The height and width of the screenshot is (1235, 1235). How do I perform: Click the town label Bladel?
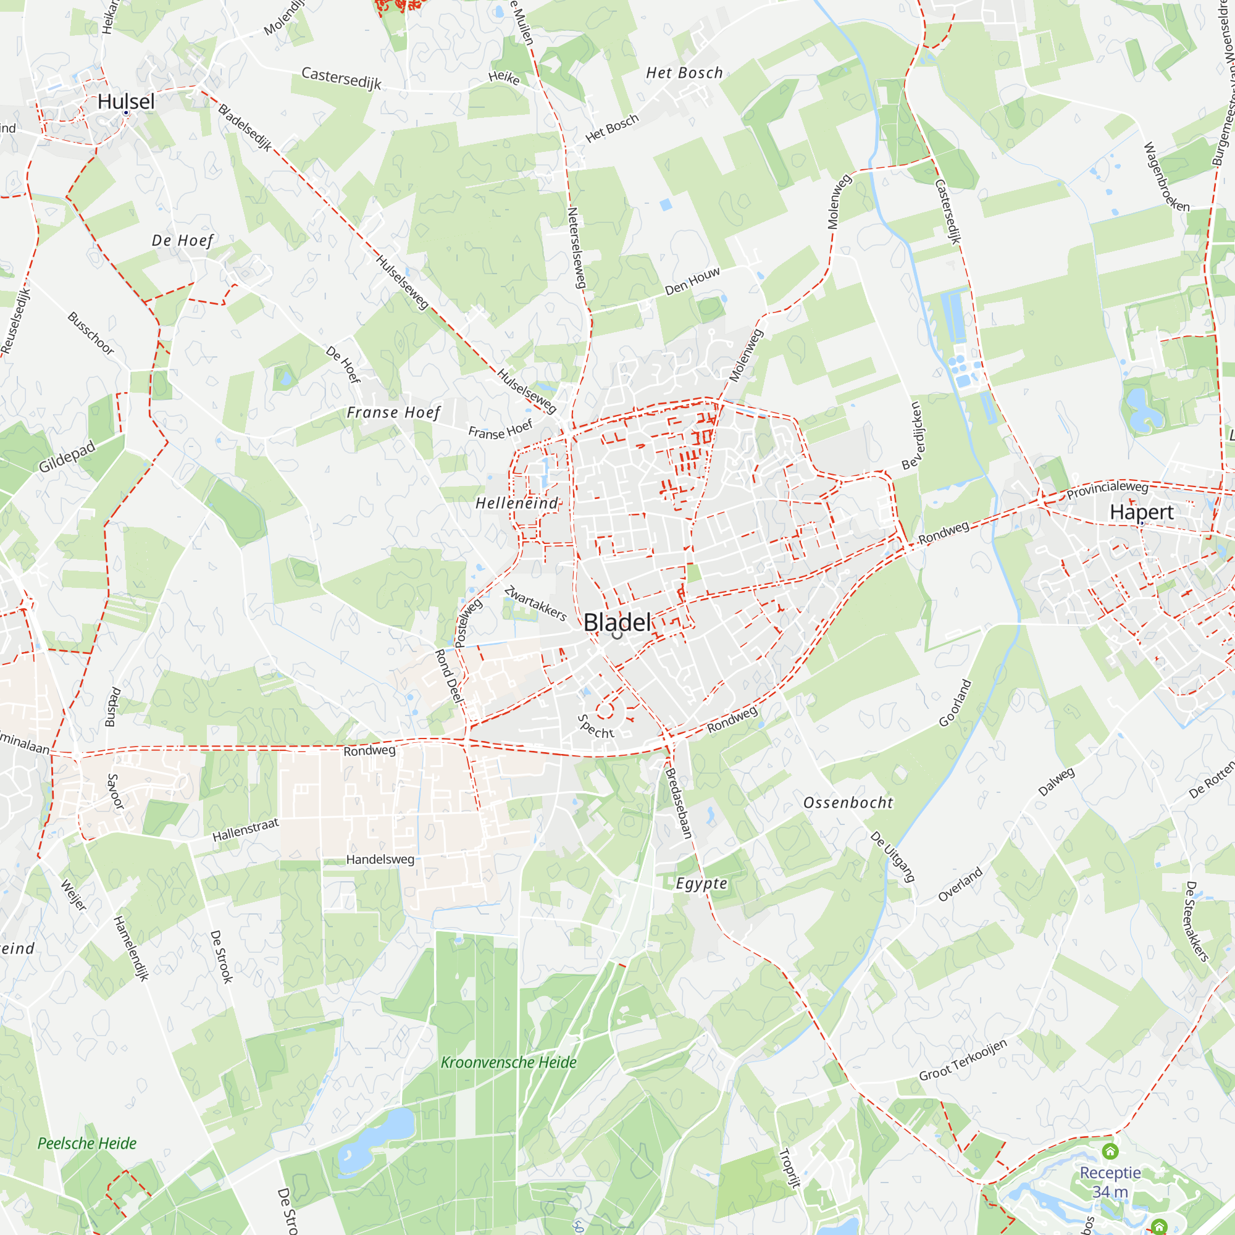pos(617,622)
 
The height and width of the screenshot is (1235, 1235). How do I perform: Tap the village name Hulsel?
pos(126,101)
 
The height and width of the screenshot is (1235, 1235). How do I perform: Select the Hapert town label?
pos(1142,512)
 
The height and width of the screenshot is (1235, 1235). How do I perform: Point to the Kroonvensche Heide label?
pos(508,1062)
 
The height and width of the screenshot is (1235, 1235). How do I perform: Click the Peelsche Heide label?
pos(87,1143)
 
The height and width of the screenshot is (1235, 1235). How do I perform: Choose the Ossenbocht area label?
pos(848,803)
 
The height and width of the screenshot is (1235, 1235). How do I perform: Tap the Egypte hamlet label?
pos(701,884)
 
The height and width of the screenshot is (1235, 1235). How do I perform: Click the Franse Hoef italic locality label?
pos(393,413)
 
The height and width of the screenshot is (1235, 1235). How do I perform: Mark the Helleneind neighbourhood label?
pos(516,504)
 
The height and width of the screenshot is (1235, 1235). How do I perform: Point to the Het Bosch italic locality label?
pos(684,73)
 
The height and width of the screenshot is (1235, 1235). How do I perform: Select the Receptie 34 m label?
pos(1110,1182)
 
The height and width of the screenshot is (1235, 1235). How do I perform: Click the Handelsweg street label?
pos(380,860)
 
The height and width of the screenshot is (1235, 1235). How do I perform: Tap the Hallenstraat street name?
pos(246,830)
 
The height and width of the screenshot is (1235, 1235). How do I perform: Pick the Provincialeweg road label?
pos(1107,489)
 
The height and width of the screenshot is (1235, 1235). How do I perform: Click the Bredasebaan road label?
pos(679,803)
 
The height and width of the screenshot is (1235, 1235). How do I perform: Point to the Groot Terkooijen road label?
pos(963,1060)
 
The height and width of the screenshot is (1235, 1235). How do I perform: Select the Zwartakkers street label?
pos(535,603)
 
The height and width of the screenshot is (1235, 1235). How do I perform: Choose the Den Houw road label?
pos(692,281)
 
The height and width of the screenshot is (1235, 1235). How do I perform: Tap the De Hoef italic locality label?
pos(182,240)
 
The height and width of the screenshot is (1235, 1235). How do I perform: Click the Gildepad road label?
pos(67,456)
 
